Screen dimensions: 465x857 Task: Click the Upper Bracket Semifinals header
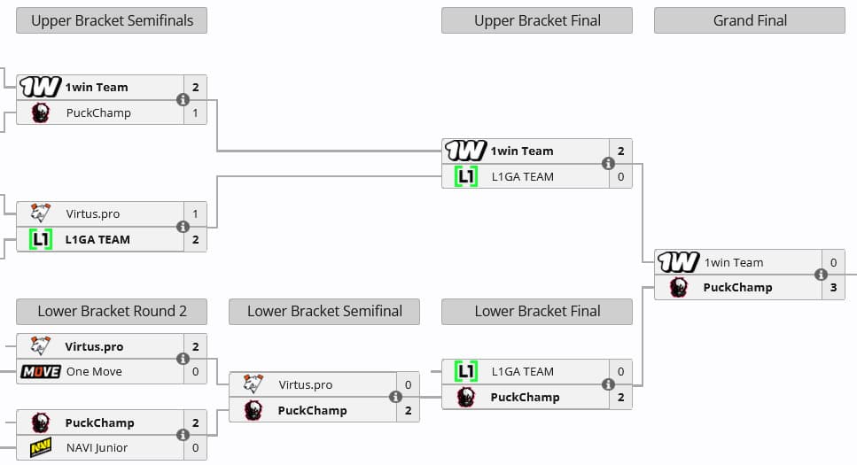coord(112,20)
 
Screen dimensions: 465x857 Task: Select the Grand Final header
coord(750,20)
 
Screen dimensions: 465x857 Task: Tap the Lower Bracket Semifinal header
coord(324,311)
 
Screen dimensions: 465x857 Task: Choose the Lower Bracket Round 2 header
coord(112,311)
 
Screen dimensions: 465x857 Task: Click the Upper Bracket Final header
coord(537,20)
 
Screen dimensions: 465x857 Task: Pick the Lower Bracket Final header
coord(537,311)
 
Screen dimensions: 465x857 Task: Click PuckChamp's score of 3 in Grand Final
coord(833,287)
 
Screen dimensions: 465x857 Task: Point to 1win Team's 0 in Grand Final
coord(833,262)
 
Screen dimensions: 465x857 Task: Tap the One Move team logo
coord(40,371)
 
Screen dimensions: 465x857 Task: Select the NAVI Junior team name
coord(97,447)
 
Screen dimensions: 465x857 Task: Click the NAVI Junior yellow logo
coord(40,447)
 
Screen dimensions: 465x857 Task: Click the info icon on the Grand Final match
coord(821,275)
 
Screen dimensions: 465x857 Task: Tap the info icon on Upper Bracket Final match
coord(608,164)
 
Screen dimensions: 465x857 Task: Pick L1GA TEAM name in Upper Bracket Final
coord(522,176)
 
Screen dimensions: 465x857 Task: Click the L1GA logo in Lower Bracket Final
coord(466,371)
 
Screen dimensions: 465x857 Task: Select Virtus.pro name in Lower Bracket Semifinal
coord(306,384)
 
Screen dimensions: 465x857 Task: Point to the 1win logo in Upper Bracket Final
coord(465,151)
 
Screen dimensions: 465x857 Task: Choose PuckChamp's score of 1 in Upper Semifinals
coord(195,112)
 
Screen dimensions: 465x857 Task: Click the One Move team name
coord(94,371)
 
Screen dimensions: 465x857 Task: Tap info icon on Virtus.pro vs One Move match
coord(183,359)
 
